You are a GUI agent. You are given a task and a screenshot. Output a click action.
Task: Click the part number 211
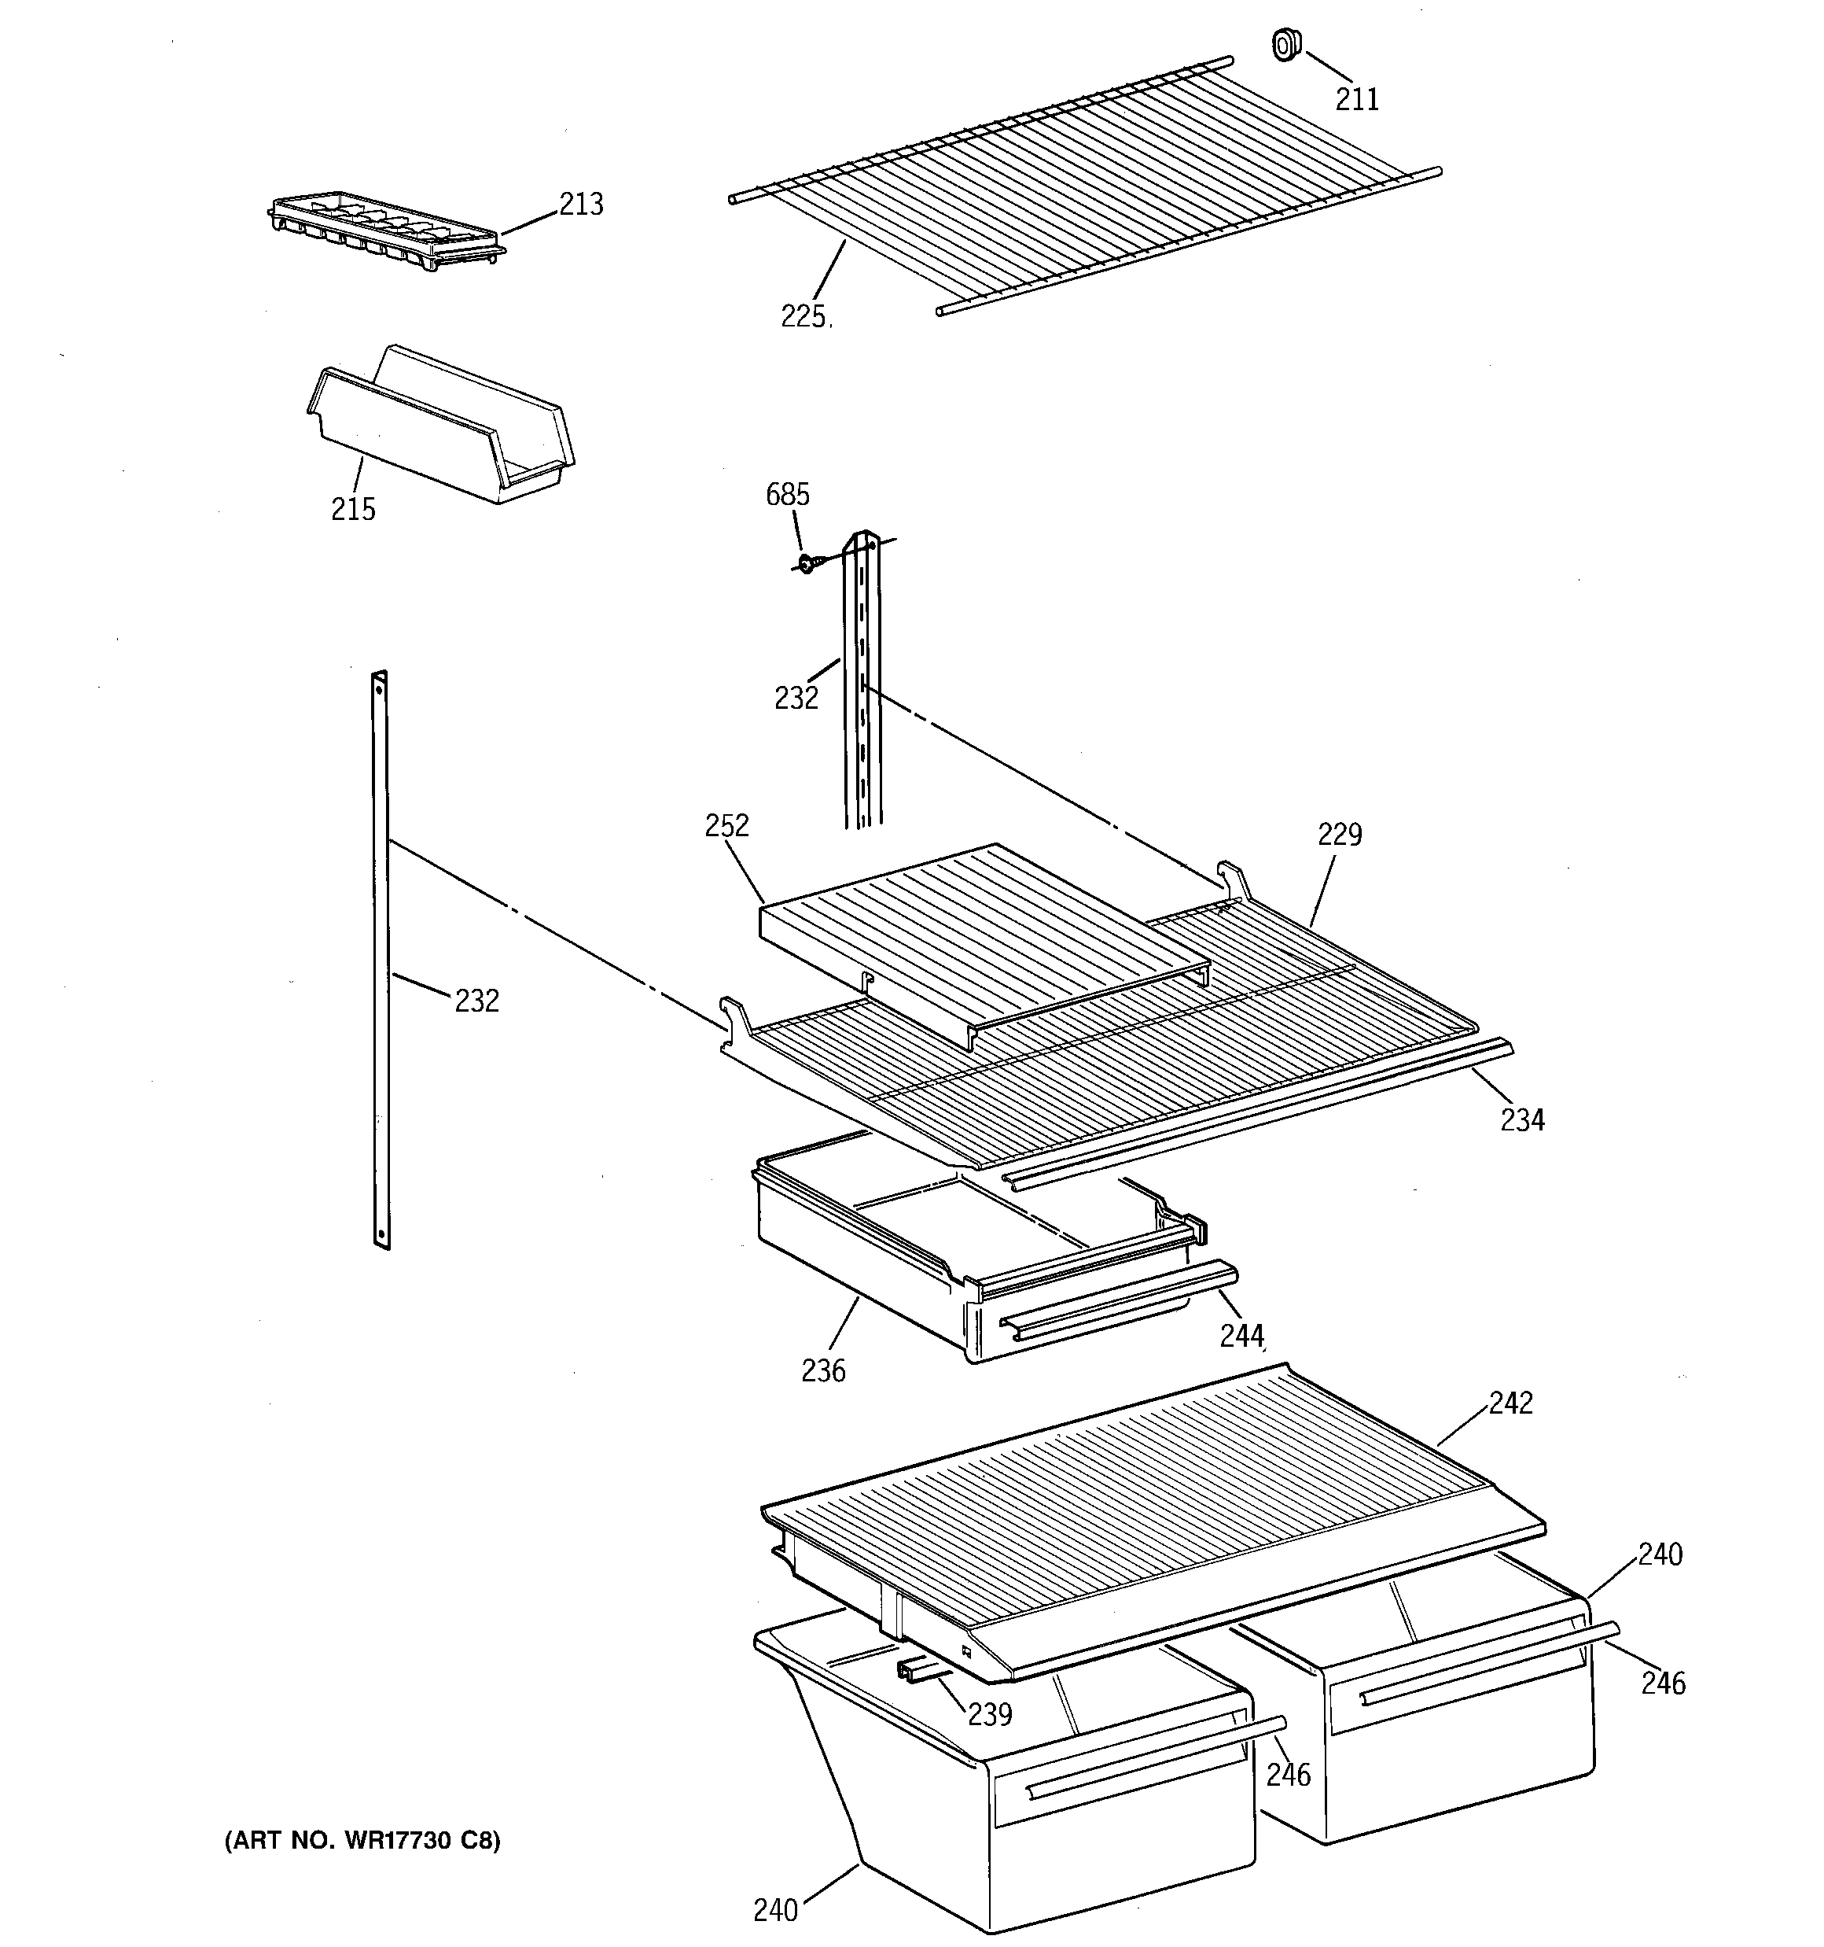click(1357, 100)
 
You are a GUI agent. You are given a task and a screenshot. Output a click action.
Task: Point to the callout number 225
click(803, 316)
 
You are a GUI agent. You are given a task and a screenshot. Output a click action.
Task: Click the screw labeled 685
click(806, 563)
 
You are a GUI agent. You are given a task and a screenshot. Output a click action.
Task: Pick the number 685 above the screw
click(787, 495)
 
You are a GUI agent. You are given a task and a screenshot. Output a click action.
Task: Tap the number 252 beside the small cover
click(726, 826)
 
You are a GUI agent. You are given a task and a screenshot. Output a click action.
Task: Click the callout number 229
click(1338, 835)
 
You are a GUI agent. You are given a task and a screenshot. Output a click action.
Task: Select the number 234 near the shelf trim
click(1522, 1119)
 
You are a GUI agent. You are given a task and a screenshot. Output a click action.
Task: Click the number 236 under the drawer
click(822, 1371)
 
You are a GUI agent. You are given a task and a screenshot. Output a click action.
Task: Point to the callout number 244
click(1241, 1336)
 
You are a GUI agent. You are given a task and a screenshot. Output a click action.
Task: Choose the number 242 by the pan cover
click(1511, 1403)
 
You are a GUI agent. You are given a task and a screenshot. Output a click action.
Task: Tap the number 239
click(990, 1714)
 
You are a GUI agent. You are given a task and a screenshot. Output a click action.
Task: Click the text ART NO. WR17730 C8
click(362, 1842)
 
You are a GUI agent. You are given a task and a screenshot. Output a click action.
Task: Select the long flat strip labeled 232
click(381, 960)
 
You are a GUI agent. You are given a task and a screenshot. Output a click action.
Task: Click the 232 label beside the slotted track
click(796, 699)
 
